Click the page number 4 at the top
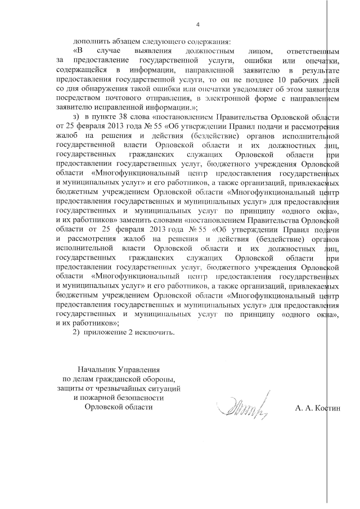click(197, 24)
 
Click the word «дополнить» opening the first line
click(89, 42)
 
